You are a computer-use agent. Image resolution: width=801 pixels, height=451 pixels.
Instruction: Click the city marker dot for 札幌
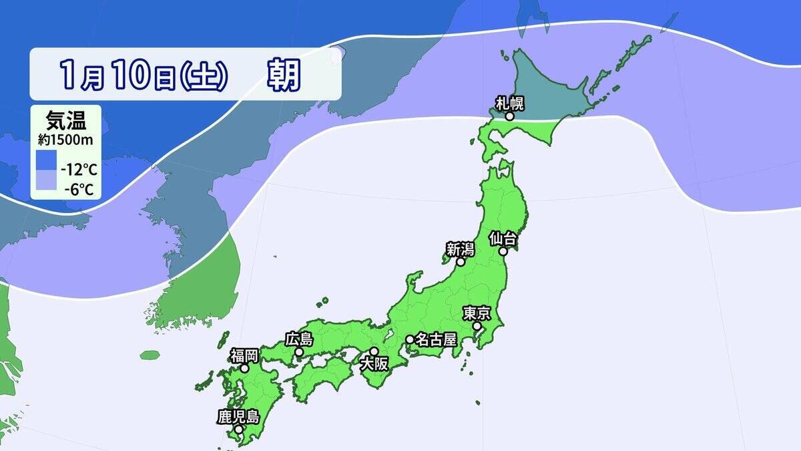[509, 116]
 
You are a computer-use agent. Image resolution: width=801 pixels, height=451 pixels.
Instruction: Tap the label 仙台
[502, 238]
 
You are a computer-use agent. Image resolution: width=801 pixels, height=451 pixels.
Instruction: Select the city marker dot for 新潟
[460, 263]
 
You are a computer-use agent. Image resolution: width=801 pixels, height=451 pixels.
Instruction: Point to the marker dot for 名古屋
[409, 339]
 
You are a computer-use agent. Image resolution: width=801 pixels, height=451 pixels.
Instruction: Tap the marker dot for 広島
[300, 352]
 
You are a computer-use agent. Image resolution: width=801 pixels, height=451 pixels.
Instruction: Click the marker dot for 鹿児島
[238, 429]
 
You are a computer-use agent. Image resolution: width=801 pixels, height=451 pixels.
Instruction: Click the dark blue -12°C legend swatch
[47, 161]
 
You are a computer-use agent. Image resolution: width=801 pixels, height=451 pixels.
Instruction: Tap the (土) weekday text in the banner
[204, 76]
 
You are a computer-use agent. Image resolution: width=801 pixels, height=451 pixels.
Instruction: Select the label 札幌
[509, 103]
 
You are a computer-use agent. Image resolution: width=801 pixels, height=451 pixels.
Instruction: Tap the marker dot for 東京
[478, 326]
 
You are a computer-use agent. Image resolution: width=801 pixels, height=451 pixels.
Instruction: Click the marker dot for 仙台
[503, 251]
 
